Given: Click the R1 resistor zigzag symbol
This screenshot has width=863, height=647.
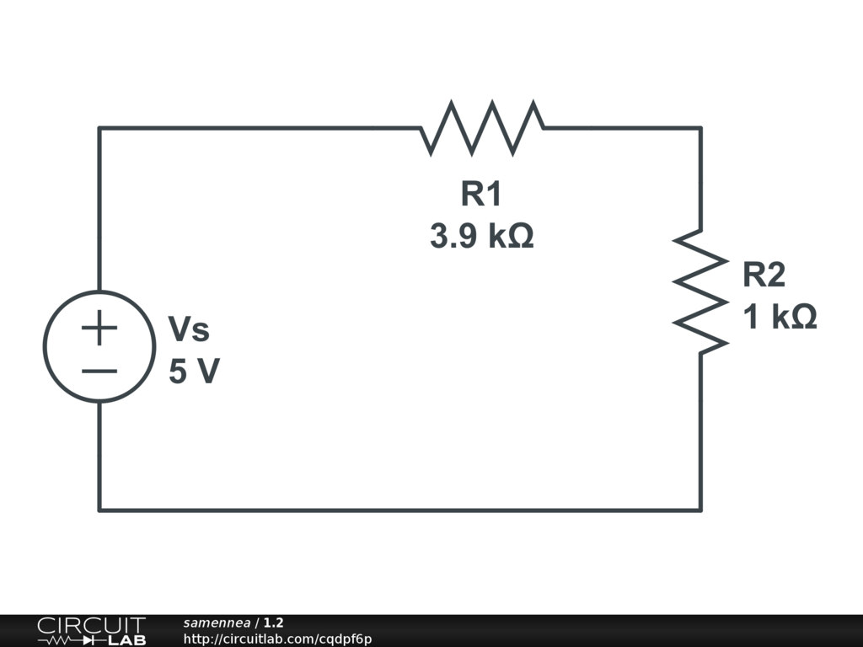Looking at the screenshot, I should [x=482, y=128].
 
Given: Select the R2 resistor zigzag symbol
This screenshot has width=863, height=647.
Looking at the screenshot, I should [x=700, y=291].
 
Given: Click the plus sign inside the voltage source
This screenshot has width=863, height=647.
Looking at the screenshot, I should [x=99, y=327].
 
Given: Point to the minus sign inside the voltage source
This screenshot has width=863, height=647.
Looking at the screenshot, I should [x=99, y=370].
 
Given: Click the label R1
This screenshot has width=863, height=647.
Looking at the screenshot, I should [x=481, y=195].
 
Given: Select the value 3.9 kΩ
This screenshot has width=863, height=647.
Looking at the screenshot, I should [x=482, y=237].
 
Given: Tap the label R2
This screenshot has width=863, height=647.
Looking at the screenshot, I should [x=764, y=275].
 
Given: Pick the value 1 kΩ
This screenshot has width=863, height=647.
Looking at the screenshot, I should [x=780, y=318].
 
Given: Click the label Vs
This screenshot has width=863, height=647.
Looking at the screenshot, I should [x=189, y=329].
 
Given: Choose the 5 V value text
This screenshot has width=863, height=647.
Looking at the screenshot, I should [x=194, y=371].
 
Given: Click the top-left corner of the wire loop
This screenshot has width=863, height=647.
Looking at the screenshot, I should [x=99, y=128].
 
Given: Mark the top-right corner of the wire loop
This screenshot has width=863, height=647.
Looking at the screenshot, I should [x=700, y=128].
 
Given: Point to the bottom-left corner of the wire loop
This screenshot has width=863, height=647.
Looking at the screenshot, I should [x=99, y=510].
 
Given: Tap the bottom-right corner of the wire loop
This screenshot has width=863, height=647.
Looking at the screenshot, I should [x=700, y=510].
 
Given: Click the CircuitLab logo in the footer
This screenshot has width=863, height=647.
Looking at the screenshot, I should [x=91, y=631].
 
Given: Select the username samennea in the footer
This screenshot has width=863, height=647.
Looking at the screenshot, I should [x=217, y=623].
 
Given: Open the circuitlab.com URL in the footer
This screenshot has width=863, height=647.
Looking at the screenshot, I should [x=277, y=639].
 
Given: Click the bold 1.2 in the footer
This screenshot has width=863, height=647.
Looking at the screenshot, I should [x=273, y=623].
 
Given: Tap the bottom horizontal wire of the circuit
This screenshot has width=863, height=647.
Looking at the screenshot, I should [x=400, y=510].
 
